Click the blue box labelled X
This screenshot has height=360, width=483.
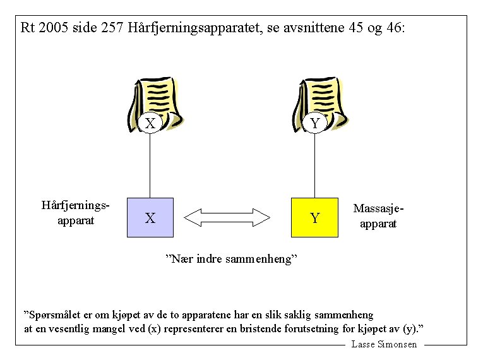tap(150, 217)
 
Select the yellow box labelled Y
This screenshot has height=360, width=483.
tap(314, 217)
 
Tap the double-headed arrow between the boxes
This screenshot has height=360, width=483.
tap(227, 217)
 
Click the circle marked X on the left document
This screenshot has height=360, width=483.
tap(150, 123)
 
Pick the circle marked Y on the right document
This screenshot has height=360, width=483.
tap(314, 123)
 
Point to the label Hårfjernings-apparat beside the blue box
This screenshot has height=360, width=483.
tap(76, 213)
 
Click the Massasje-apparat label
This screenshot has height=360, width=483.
tap(378, 215)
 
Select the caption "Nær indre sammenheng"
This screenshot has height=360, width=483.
tap(230, 259)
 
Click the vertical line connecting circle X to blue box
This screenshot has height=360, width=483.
tap(150, 164)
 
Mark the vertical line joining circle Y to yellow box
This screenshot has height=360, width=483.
tap(314, 164)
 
